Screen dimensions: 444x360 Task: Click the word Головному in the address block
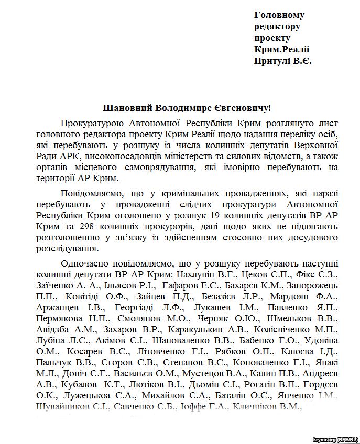point(279,15)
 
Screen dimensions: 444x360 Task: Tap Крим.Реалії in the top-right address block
point(282,50)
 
